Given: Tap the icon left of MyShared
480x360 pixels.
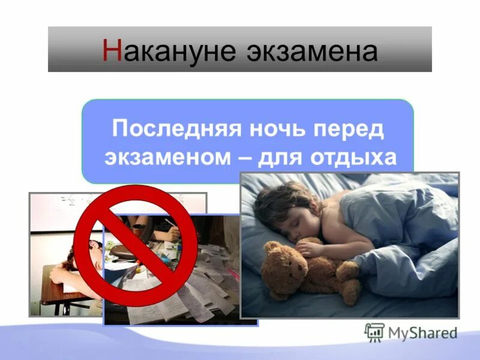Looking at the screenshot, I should coord(374,332).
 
